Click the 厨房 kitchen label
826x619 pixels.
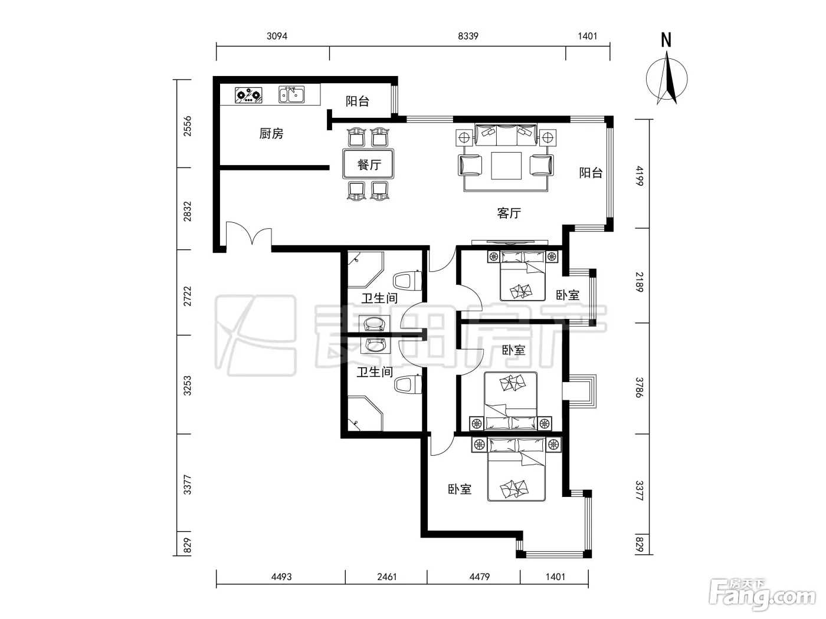pos(271,133)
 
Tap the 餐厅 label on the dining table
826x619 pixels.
pos(369,164)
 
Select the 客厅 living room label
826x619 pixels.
pos(509,213)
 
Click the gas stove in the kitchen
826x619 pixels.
pos(248,96)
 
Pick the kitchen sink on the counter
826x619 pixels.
pos(291,94)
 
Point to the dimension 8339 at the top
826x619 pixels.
pos(468,36)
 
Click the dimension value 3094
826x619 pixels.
pos(277,36)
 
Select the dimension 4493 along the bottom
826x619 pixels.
pos(281,577)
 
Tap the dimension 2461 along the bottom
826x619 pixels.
pos(387,577)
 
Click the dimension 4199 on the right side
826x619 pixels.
pos(640,176)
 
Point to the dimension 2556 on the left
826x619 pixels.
pos(187,126)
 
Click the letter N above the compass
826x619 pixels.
pos(666,40)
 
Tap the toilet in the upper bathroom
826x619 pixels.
pos(407,281)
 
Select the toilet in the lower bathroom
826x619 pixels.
pos(408,384)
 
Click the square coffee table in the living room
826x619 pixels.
pos(506,166)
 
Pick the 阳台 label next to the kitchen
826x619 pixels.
pos(357,101)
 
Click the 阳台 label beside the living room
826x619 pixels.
pos(591,173)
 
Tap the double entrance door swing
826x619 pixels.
pos(249,234)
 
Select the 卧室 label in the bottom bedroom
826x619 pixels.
pos(460,489)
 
